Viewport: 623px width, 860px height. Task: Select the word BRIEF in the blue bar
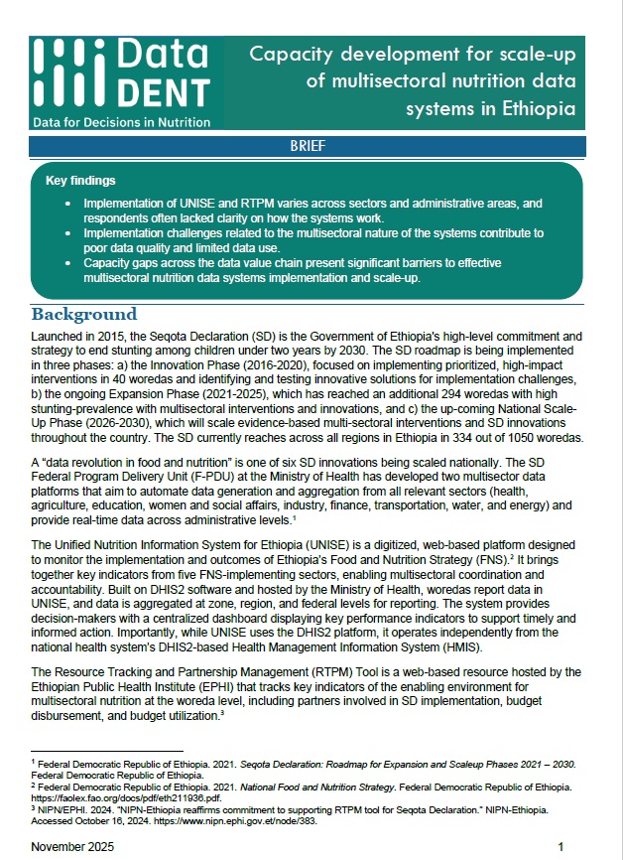pos(309,146)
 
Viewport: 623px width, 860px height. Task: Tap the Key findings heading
pos(81,182)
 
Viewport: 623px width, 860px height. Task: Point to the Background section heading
pos(84,314)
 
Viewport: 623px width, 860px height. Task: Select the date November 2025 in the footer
pos(72,846)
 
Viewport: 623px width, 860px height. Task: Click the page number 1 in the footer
pos(561,846)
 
